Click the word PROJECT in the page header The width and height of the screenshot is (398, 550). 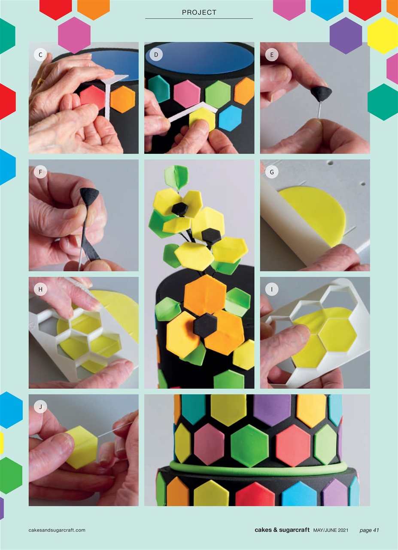(x=199, y=12)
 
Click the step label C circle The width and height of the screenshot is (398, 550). (x=40, y=55)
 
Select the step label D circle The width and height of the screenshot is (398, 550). (x=156, y=55)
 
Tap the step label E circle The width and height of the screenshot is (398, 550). (x=272, y=55)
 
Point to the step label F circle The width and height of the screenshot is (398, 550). (x=40, y=172)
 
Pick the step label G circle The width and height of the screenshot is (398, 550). (x=272, y=172)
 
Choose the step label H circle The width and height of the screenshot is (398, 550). (x=40, y=289)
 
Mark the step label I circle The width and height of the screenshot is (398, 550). (x=272, y=289)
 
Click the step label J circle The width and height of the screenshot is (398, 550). (x=40, y=406)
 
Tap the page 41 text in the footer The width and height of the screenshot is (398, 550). (x=369, y=530)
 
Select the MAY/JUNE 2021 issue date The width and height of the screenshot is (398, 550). (x=331, y=530)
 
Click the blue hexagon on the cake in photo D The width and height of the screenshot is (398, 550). (x=230, y=118)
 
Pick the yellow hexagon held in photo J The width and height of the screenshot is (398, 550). (x=83, y=447)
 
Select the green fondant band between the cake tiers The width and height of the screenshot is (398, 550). (x=258, y=467)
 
